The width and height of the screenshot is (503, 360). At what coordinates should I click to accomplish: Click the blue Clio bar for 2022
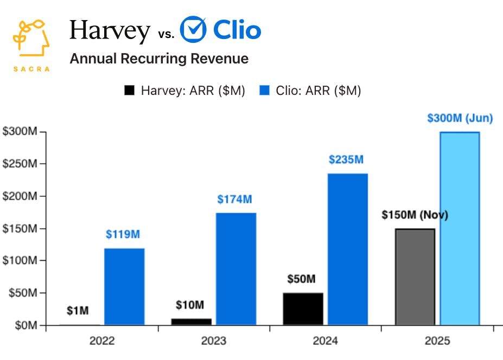coord(124,287)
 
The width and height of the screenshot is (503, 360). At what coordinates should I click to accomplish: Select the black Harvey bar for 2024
coord(303,309)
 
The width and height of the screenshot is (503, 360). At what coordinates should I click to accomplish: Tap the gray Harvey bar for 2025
coord(415,277)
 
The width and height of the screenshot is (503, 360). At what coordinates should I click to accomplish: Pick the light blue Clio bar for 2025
coord(460,228)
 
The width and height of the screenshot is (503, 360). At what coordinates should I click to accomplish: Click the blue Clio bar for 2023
coord(236,269)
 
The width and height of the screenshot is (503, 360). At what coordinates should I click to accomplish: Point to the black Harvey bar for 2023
coord(191,322)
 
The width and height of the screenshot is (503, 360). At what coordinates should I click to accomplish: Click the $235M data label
coord(346,160)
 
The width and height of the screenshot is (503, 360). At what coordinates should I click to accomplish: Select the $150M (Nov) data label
coord(415,215)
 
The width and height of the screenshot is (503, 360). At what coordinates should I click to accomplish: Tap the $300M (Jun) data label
coord(460,119)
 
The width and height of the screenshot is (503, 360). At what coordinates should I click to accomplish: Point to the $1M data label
coord(78,311)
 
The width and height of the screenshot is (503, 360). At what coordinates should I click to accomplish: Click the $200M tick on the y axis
coord(19,196)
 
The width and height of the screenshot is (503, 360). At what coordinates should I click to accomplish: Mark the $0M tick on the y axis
coord(23,325)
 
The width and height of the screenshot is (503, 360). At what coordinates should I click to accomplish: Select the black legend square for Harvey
coord(129,91)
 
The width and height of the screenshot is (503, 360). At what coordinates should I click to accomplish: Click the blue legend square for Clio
coord(264,91)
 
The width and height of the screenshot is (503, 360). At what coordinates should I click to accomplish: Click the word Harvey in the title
coord(110,31)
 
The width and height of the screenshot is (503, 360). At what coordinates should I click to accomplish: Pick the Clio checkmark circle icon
coord(193,29)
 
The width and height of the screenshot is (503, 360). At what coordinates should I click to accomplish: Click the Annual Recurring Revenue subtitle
coord(159,59)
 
